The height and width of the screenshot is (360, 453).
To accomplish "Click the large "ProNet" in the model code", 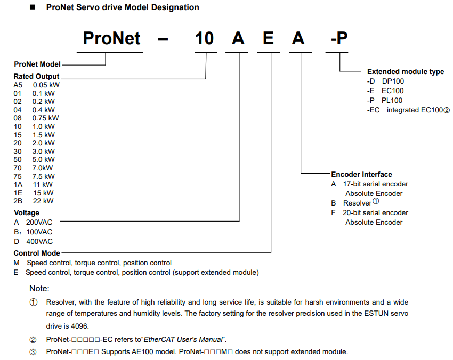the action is pyautogui.click(x=111, y=38).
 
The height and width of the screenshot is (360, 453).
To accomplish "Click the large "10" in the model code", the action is pyautogui.click(x=204, y=38).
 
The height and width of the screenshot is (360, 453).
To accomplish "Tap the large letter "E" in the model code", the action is pyautogui.click(x=268, y=38).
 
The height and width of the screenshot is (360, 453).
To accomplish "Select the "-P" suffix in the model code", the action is pyautogui.click(x=339, y=38).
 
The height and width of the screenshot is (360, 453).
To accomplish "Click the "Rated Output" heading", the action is pyautogui.click(x=36, y=77).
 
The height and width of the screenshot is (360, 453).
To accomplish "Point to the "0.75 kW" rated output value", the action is pyautogui.click(x=45, y=118).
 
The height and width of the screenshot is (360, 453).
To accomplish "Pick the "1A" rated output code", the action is pyautogui.click(x=18, y=184).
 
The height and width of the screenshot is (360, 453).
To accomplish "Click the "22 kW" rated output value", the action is pyautogui.click(x=43, y=201).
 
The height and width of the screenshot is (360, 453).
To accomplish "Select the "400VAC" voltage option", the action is pyautogui.click(x=39, y=241).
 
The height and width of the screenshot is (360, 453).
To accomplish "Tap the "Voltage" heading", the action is pyautogui.click(x=27, y=213).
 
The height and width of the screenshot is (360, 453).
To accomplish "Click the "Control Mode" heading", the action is pyautogui.click(x=37, y=253).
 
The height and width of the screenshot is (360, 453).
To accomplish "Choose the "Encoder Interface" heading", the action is pyautogui.click(x=361, y=174).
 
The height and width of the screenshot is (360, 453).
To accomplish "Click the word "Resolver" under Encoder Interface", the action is pyautogui.click(x=357, y=203).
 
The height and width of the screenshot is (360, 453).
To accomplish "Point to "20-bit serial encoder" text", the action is pyautogui.click(x=375, y=213).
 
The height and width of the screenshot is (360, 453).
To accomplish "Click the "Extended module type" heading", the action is pyautogui.click(x=406, y=71).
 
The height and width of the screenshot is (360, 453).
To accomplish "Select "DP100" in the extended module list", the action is pyautogui.click(x=393, y=81).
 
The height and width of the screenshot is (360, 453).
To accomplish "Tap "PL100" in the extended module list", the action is pyautogui.click(x=392, y=101).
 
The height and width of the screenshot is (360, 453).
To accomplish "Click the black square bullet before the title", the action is pyautogui.click(x=33, y=7).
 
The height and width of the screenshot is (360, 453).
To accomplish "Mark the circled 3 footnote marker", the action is pyautogui.click(x=33, y=352).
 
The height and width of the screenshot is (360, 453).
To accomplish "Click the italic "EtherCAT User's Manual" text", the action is pyautogui.click(x=183, y=339).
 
